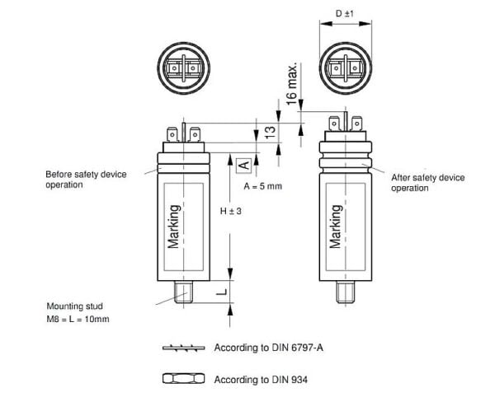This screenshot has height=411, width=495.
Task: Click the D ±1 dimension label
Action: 344,13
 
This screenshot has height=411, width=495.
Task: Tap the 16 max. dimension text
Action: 292,84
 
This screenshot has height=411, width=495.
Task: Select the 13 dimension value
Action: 271,133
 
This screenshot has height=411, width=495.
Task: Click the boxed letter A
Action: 244,166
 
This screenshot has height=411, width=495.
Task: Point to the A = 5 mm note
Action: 262,186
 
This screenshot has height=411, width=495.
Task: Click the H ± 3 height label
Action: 230,211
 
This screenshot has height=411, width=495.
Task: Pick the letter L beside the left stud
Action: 222,292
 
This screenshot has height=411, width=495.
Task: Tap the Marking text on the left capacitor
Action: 174,227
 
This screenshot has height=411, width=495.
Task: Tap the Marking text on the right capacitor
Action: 336,227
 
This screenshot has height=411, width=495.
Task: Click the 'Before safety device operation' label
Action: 86,180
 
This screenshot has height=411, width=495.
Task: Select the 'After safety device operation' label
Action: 427,183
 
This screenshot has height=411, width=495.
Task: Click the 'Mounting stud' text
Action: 75,306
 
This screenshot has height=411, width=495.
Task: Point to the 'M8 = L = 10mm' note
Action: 78,319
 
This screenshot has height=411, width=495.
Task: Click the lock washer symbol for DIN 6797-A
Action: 183,348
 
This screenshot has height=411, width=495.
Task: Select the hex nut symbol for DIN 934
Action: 183,379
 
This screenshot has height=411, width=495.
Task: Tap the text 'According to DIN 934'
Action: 261,380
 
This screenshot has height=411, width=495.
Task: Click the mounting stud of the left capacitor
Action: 183,292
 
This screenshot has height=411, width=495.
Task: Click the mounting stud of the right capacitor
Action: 346,292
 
